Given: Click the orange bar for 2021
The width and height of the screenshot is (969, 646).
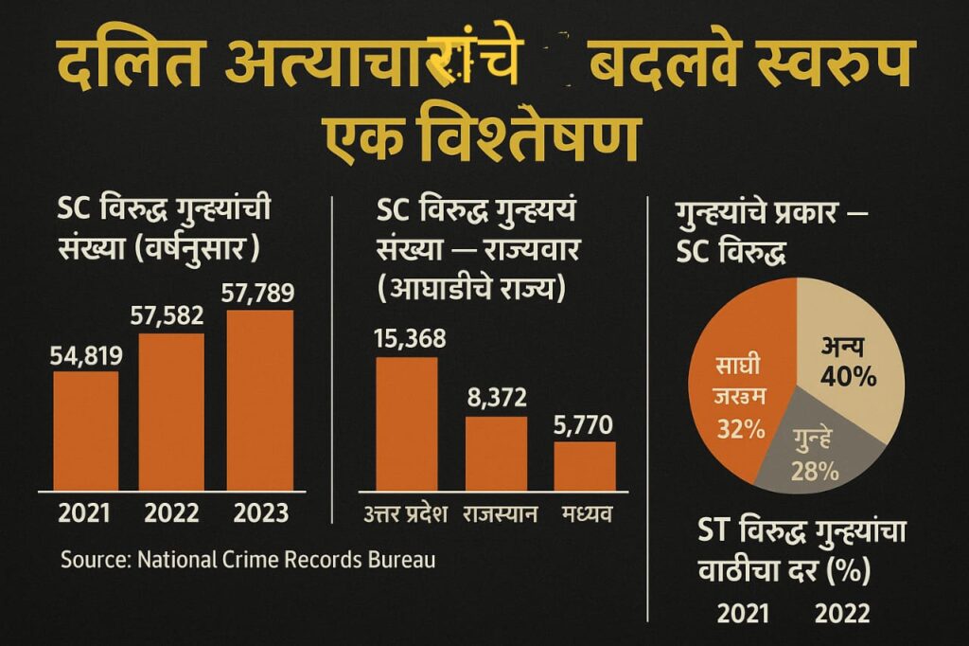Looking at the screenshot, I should click(85, 431).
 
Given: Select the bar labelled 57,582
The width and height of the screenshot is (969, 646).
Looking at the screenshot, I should click(171, 412).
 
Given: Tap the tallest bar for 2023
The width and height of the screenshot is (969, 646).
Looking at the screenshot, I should click(259, 401).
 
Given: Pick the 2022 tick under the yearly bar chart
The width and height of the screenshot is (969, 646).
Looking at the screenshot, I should click(171, 513).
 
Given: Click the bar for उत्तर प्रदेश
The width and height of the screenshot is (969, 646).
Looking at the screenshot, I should click(407, 423).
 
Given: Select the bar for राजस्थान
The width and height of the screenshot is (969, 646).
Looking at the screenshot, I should click(496, 453).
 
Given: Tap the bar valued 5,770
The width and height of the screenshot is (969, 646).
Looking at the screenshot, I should click(584, 465).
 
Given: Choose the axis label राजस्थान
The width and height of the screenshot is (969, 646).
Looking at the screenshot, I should click(501, 515).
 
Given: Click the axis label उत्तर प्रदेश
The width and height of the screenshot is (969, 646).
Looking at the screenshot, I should click(408, 515).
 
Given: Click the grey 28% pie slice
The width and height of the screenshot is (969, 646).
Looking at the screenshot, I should click(819, 450).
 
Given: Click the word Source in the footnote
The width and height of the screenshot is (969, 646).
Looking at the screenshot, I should click(95, 560).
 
